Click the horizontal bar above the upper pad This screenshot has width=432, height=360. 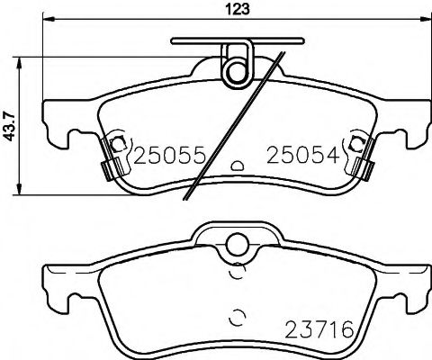coord(237,40)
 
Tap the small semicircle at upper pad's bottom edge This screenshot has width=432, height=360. coord(238,166)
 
